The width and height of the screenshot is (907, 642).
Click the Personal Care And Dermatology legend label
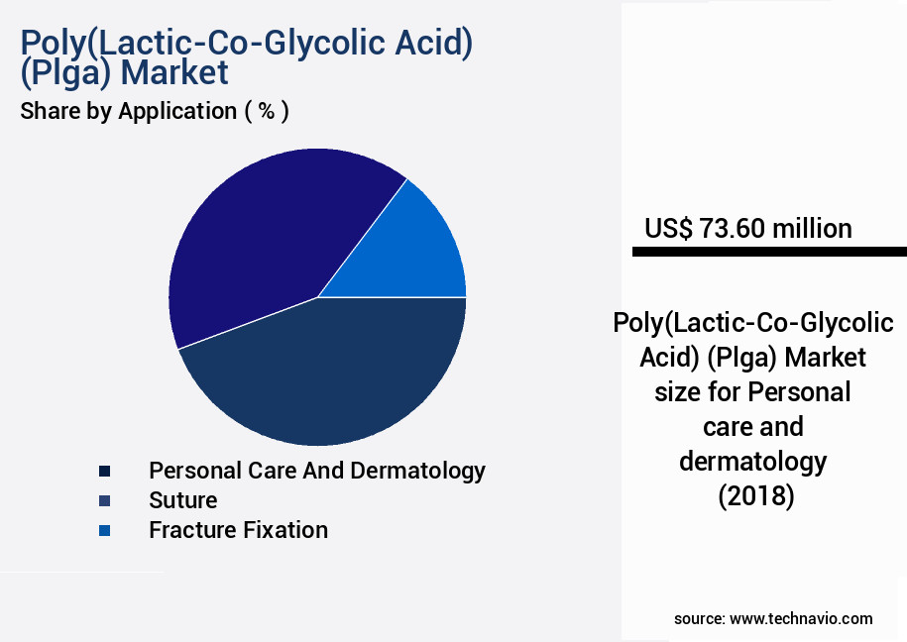(316, 470)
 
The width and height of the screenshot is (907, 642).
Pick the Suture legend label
(182, 500)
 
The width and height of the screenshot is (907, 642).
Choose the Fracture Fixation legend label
(238, 530)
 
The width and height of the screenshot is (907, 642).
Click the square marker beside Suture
(105, 500)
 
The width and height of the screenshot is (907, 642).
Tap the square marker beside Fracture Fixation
(105, 531)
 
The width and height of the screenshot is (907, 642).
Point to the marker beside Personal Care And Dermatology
(105, 471)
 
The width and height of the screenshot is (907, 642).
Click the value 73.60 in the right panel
(732, 229)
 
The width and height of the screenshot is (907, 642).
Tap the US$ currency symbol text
(668, 229)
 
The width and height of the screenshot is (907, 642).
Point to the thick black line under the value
(769, 253)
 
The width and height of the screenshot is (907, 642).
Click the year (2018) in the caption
(756, 495)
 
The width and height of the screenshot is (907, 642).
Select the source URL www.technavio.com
(801, 618)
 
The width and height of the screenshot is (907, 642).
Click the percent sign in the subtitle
(266, 111)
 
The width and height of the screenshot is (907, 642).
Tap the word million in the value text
(812, 229)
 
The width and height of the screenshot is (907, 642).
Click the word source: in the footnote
(699, 618)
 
